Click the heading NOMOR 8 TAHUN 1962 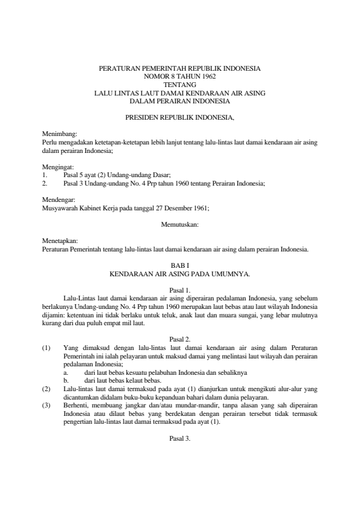tap(180, 77)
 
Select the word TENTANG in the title tap(180, 85)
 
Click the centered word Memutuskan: tap(180, 224)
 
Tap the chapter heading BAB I tap(180, 265)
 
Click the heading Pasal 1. tap(180, 290)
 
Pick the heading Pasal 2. tap(180, 340)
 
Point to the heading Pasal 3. tap(180, 438)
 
